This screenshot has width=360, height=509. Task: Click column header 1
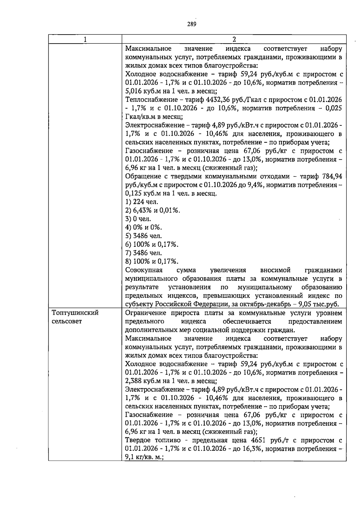pyautogui.click(x=85, y=39)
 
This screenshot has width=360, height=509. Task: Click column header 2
pyautogui.click(x=234, y=39)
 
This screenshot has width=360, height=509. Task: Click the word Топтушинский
pyautogui.click(x=75, y=313)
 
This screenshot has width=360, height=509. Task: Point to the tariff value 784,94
pyautogui.click(x=332, y=176)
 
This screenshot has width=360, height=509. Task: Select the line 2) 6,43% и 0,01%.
pyautogui.click(x=153, y=210)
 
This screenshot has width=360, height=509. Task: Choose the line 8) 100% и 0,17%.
pyautogui.click(x=152, y=261)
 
